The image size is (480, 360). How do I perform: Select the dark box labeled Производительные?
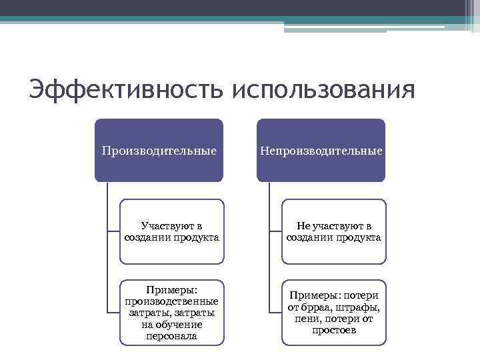[x=159, y=151]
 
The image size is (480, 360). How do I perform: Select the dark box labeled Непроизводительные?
[x=321, y=151]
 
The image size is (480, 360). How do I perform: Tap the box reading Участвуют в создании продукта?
[x=172, y=231]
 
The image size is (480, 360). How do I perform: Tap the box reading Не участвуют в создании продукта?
[x=334, y=231]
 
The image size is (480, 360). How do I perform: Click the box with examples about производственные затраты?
[x=172, y=313]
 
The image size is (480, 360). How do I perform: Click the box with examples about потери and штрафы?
[x=334, y=313]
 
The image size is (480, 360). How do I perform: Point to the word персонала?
[x=172, y=337]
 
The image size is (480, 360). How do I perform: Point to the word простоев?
[x=334, y=331]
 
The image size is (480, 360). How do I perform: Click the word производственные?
[x=172, y=301]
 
